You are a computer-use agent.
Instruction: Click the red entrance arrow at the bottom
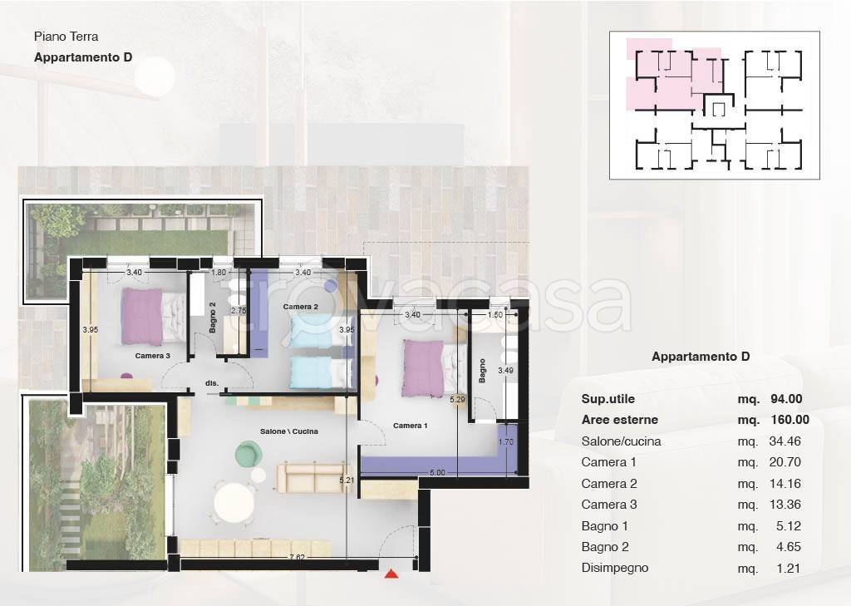point(391,574)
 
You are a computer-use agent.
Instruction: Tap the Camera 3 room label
point(153,356)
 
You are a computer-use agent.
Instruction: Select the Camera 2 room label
point(301,307)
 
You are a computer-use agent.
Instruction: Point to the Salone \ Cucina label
point(288,431)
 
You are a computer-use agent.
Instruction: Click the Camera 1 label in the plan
point(411,426)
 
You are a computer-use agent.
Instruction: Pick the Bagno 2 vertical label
point(212,318)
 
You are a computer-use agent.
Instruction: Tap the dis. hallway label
point(212,383)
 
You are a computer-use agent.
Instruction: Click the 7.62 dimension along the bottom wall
point(297,557)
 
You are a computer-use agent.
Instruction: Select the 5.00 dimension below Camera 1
point(437,472)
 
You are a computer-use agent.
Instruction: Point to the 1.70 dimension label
point(506,442)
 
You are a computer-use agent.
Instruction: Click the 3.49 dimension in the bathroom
point(505,371)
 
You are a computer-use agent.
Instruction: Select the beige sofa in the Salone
point(313,478)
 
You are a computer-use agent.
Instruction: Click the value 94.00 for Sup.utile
point(786,399)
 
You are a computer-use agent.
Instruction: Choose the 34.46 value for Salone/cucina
point(785,441)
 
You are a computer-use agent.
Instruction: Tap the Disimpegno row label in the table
point(615,568)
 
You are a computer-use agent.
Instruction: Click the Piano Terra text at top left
point(66,37)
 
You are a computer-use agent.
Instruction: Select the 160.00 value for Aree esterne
point(790,420)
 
